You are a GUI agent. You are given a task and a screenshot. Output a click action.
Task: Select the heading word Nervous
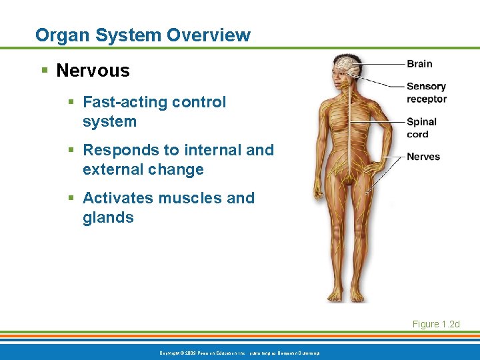(93, 70)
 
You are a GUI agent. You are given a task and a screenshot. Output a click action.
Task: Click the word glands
(108, 217)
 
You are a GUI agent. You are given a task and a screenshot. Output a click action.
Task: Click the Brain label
(419, 64)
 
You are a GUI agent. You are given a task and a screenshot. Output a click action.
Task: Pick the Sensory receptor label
(426, 93)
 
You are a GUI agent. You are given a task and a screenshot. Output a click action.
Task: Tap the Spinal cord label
(421, 127)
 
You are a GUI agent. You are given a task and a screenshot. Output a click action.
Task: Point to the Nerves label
(423, 157)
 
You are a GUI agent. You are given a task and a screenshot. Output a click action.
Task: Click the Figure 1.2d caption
(436, 324)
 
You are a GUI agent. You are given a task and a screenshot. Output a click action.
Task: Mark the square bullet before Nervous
(43, 70)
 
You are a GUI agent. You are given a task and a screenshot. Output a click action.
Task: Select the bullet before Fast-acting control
(71, 102)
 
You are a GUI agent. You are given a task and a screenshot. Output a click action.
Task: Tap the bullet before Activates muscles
(71, 198)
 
